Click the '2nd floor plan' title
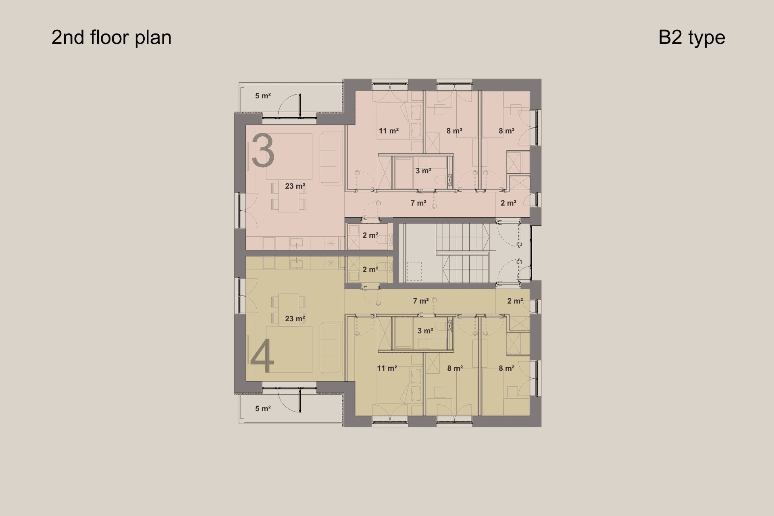[x=111, y=37]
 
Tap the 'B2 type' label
[x=692, y=37]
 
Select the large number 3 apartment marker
[x=263, y=151]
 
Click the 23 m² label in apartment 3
[x=295, y=186]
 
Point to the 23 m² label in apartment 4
[x=295, y=319]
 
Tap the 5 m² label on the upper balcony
[x=263, y=96]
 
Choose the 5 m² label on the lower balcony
[x=263, y=409]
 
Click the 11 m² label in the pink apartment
[x=389, y=131]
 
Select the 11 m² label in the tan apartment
[x=387, y=368]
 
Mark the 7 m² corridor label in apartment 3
[x=418, y=203]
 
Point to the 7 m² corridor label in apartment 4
[x=421, y=301]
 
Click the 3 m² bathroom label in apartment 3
[x=423, y=171]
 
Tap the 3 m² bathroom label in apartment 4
[x=425, y=331]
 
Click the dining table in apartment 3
[x=289, y=196]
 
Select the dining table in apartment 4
[x=289, y=310]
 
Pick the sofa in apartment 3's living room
[x=331, y=159]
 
